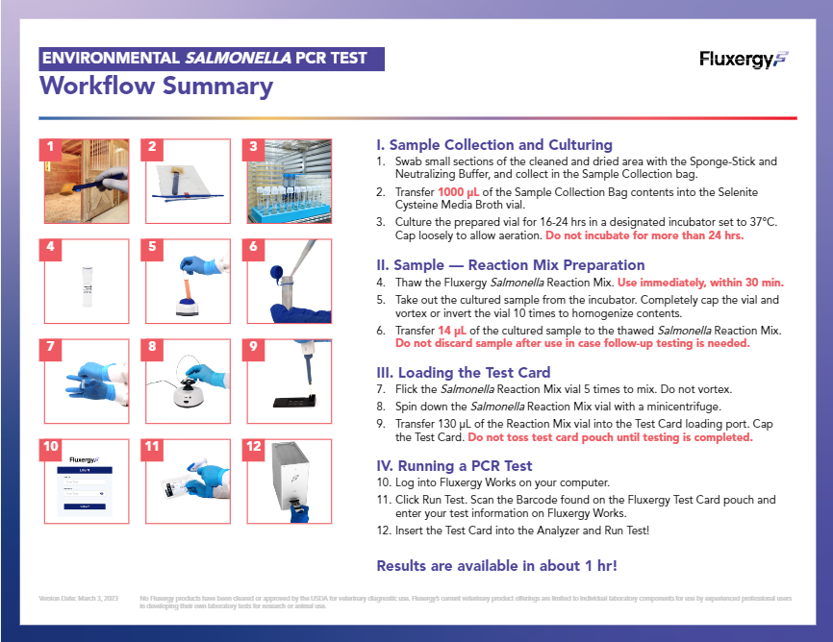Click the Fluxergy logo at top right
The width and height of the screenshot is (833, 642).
(744, 60)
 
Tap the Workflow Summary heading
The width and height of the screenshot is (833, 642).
(156, 86)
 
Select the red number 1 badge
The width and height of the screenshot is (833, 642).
(50, 148)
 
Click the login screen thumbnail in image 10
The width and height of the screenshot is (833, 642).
(87, 481)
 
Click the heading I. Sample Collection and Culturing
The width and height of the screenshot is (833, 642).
(494, 145)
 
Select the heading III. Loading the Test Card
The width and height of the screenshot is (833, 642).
(464, 373)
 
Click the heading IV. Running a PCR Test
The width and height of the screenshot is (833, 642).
(453, 466)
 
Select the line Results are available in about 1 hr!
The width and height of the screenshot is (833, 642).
(496, 565)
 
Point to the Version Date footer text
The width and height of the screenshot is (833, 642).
(79, 598)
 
